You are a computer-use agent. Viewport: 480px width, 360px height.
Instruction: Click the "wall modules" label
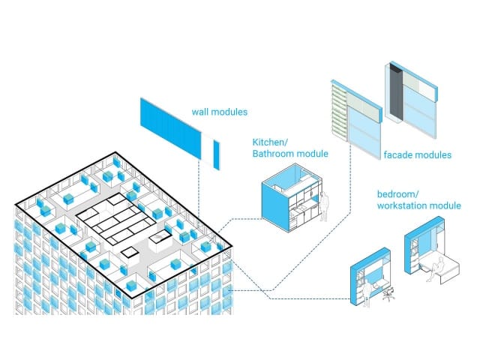[x=220, y=112]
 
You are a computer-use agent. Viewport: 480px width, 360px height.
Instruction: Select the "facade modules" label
[x=418, y=155]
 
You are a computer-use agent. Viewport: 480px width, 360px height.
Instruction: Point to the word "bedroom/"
[x=397, y=194]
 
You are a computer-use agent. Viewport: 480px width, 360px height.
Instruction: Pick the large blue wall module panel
[x=170, y=128]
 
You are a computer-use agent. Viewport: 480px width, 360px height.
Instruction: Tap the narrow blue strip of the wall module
[x=217, y=155]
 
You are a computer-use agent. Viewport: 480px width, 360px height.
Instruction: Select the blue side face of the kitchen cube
[x=275, y=207]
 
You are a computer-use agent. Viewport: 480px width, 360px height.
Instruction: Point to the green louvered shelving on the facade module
[x=339, y=112]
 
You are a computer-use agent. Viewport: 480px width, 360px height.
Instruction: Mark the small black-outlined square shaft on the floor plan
[x=130, y=253]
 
